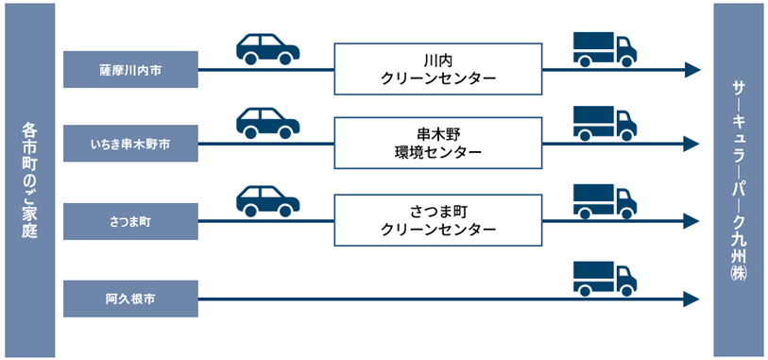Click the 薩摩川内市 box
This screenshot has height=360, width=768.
pyautogui.click(x=130, y=70)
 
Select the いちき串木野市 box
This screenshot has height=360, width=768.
pyautogui.click(x=130, y=144)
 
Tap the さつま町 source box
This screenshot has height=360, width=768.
pyautogui.click(x=130, y=221)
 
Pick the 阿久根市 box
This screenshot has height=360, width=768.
pyautogui.click(x=130, y=299)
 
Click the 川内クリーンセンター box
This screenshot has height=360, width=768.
pyautogui.click(x=438, y=69)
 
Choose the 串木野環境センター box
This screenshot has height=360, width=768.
pyautogui.click(x=438, y=143)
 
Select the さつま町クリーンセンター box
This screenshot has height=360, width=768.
pyautogui.click(x=438, y=220)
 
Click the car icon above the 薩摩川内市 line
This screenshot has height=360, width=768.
pyautogui.click(x=268, y=49)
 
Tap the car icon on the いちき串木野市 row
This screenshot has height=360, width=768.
pyautogui.click(x=268, y=123)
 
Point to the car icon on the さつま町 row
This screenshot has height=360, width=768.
pyautogui.click(x=268, y=201)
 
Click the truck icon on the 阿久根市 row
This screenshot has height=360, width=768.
pyautogui.click(x=605, y=279)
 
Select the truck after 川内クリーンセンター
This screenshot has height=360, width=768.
pyautogui.click(x=605, y=49)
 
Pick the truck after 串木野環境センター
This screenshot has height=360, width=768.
pyautogui.click(x=605, y=123)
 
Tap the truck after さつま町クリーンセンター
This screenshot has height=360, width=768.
pyautogui.click(x=605, y=201)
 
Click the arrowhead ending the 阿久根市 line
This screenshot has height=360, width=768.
pyautogui.click(x=691, y=299)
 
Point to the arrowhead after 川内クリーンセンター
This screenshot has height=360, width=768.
pyautogui.click(x=691, y=70)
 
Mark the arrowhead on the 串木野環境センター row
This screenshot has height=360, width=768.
pyautogui.click(x=691, y=144)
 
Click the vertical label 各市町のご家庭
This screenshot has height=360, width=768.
pyautogui.click(x=30, y=180)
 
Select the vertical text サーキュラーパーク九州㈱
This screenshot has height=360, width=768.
pyautogui.click(x=739, y=180)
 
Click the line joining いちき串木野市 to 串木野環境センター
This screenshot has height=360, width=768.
pyautogui.click(x=266, y=144)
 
